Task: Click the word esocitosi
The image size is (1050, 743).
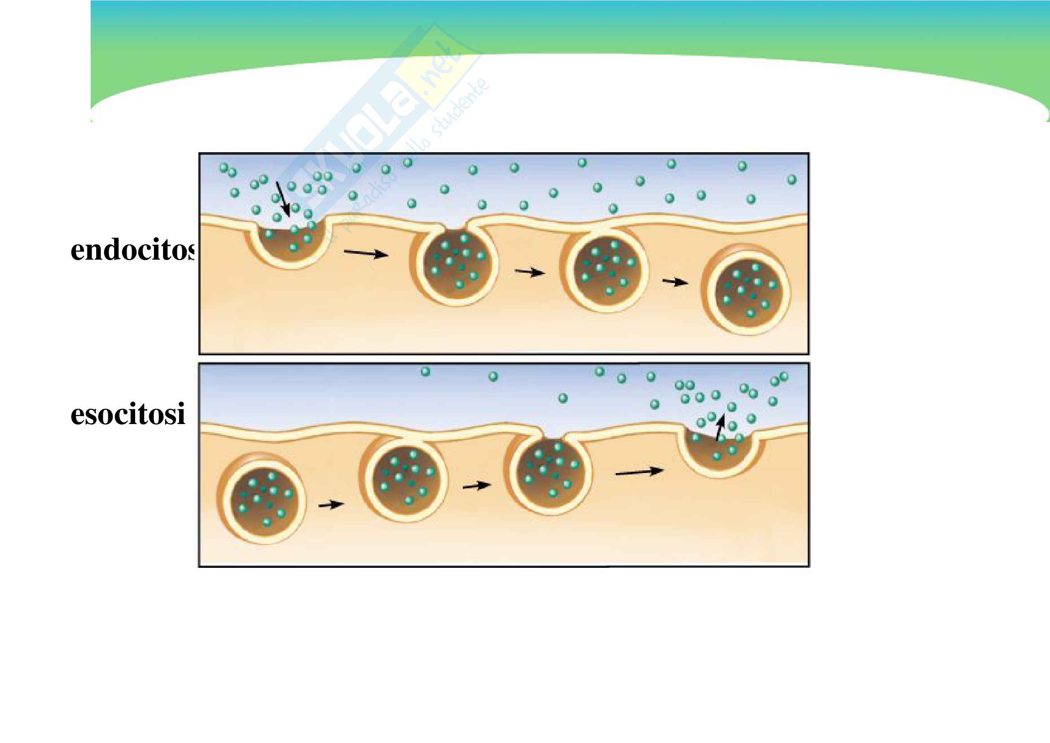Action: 127,414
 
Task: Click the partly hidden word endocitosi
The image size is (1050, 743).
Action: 133,251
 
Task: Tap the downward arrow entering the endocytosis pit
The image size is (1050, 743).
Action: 283,199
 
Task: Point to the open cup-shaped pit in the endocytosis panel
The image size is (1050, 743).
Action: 290,243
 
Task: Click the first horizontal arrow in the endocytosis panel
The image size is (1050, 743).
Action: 366,253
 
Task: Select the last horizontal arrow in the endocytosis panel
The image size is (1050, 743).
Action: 675,282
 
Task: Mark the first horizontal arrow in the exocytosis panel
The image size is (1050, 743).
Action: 331,504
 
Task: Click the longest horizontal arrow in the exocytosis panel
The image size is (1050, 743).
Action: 639,472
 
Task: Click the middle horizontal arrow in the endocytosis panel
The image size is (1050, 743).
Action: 530,272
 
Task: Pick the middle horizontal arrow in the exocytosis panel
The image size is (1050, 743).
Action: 477,486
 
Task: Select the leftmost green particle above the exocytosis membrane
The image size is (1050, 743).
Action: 425,371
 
